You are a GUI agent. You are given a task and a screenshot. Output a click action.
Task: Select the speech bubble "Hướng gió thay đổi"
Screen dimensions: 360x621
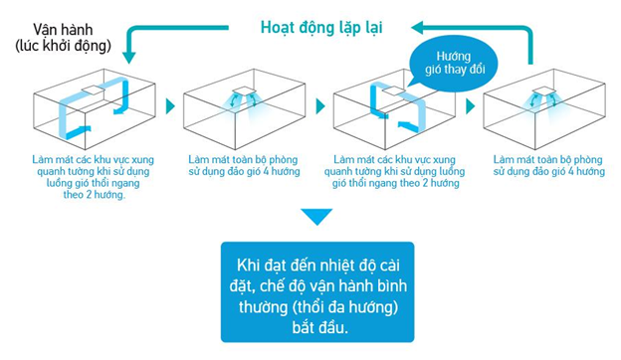pos(447,61)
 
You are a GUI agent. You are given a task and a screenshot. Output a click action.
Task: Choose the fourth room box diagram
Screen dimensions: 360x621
pos(546,110)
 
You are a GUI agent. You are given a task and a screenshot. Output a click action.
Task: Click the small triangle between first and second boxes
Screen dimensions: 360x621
pos(167,103)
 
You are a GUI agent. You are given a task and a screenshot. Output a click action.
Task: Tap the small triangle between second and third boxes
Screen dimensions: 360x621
pos(321,103)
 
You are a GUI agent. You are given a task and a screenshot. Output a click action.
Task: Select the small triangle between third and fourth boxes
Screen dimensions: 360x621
pos(475,103)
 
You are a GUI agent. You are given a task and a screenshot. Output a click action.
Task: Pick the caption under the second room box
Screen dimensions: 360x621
pos(242,165)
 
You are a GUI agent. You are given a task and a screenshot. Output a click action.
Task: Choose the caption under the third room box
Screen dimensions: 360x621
pos(396,170)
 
